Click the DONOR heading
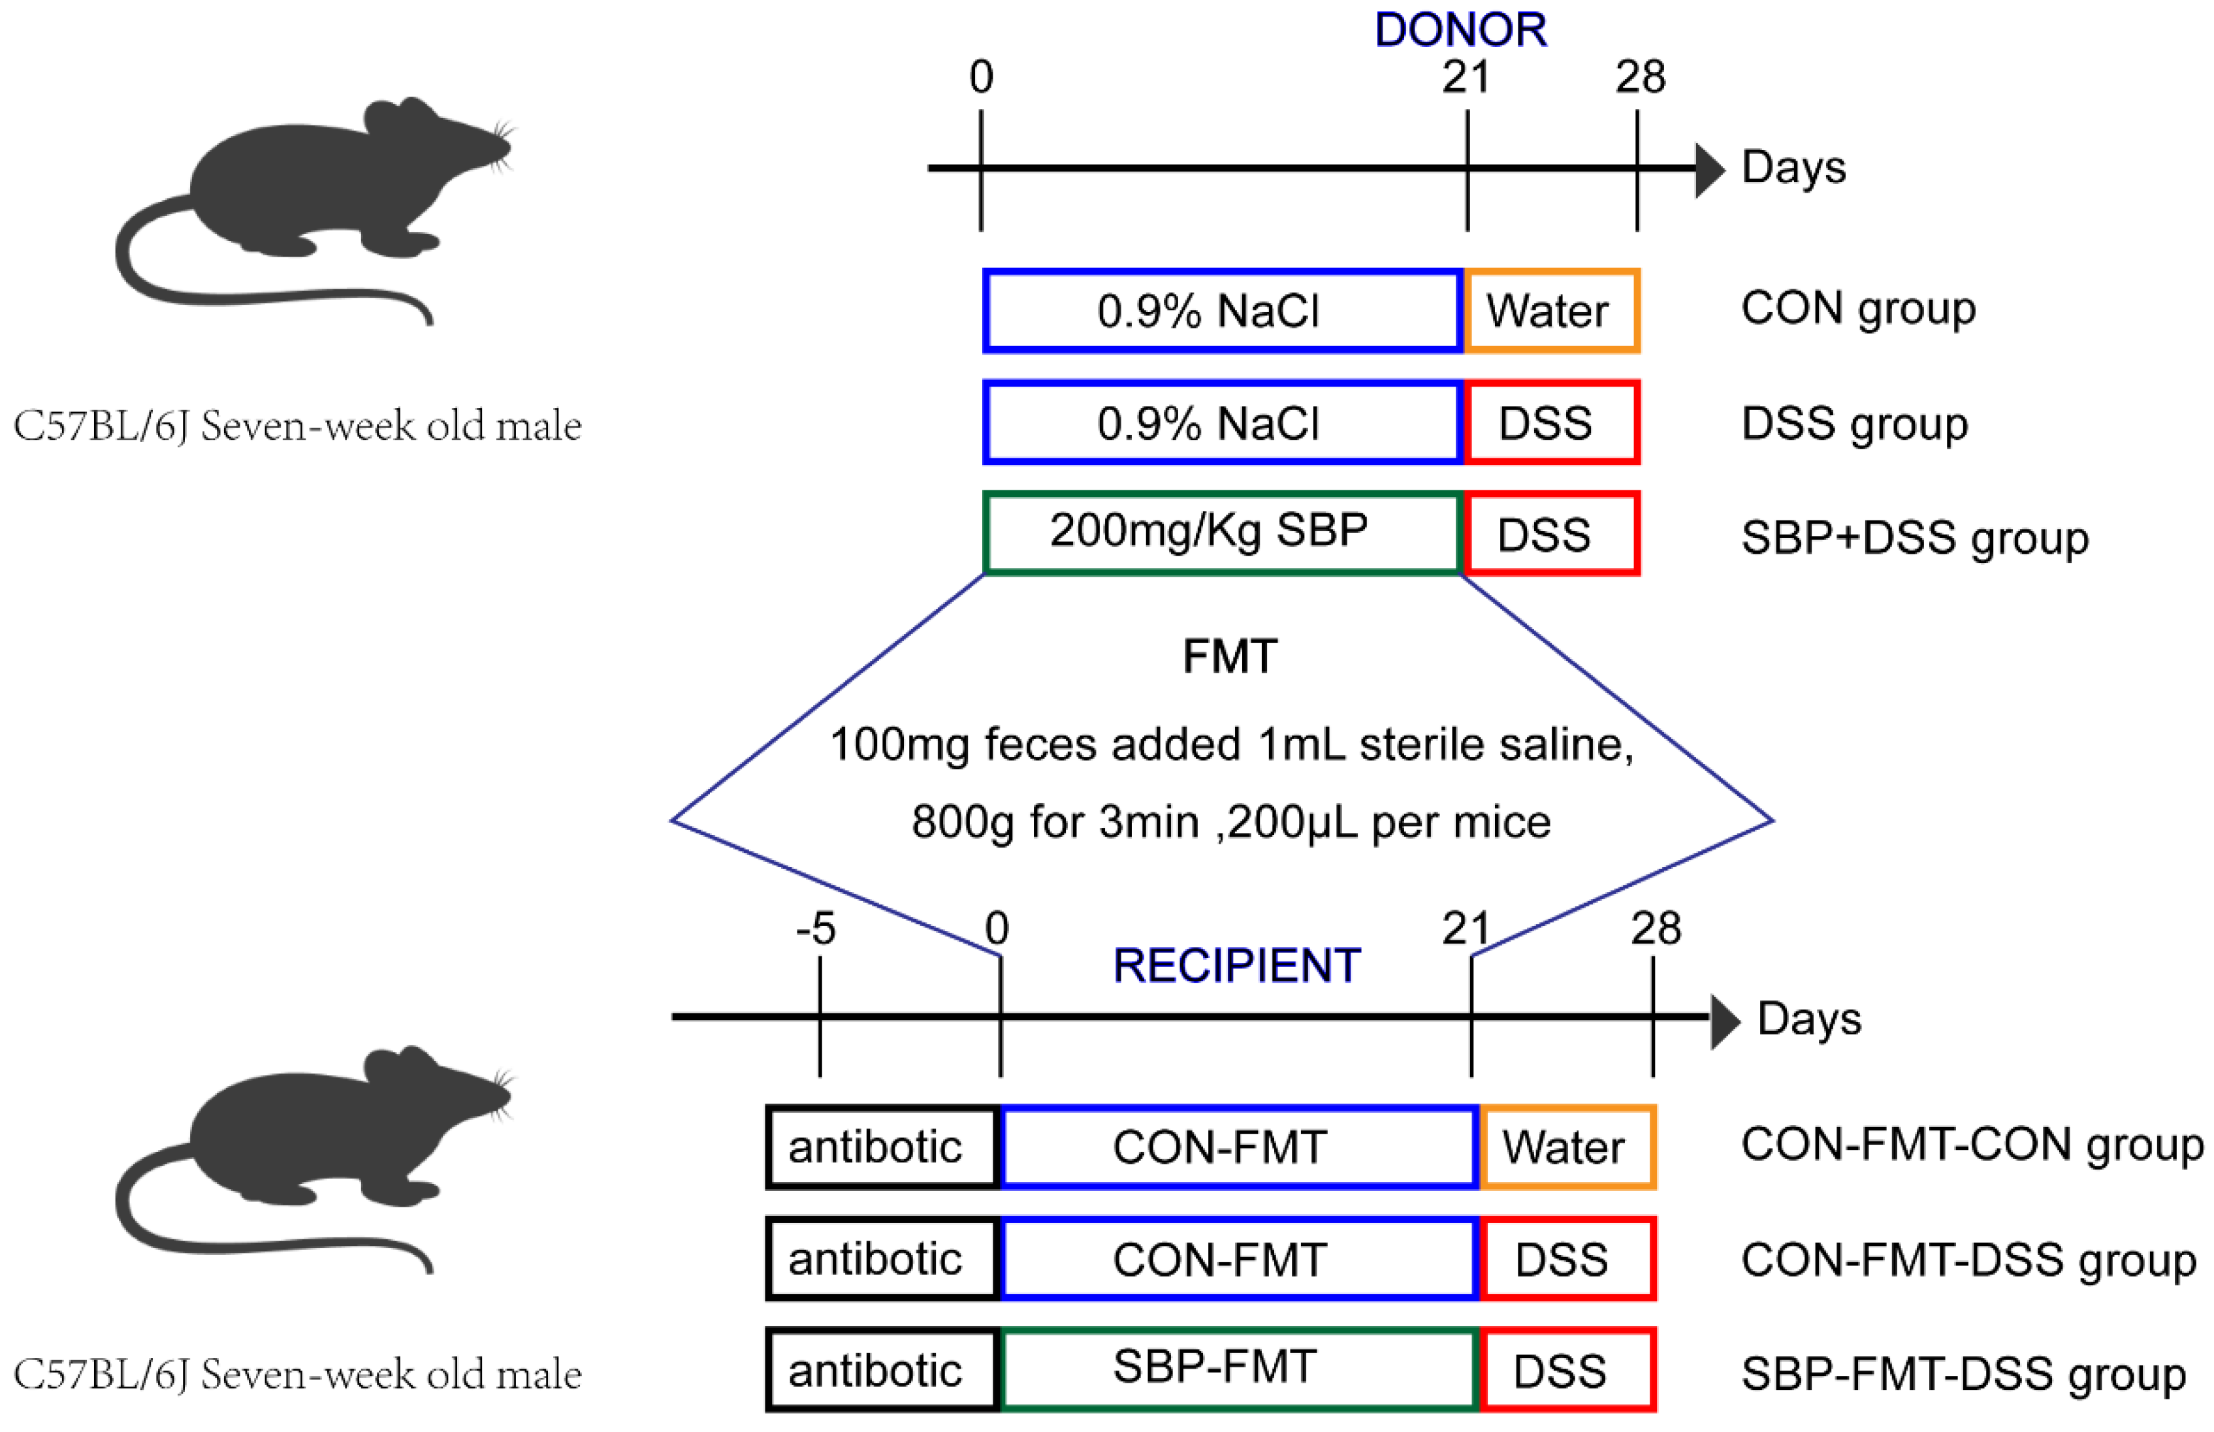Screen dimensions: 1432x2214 (1459, 30)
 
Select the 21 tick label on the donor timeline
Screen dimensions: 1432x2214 (1466, 77)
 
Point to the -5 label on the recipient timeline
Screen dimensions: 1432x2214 (816, 928)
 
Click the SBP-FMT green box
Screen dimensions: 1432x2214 (1237, 1369)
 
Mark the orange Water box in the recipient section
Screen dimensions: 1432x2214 (1567, 1147)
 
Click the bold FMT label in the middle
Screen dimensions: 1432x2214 (1229, 656)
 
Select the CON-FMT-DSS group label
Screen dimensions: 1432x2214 (1968, 1261)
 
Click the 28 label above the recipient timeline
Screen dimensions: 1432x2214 (1655, 928)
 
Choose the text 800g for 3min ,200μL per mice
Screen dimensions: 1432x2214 (1230, 823)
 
